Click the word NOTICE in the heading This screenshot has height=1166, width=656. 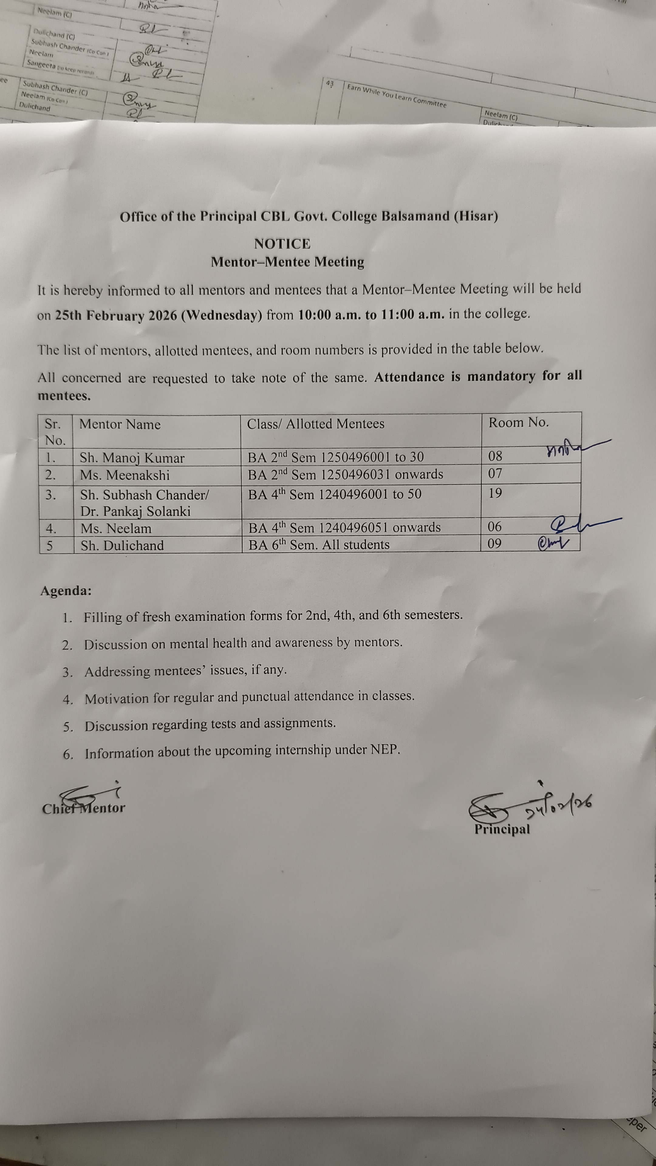tap(282, 244)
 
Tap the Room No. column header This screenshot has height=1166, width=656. tap(518, 423)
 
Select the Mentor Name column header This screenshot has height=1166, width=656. tap(120, 424)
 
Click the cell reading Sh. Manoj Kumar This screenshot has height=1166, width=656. tap(132, 458)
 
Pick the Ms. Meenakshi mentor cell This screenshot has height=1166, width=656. tap(125, 475)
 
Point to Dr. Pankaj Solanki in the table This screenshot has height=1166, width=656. tap(135, 511)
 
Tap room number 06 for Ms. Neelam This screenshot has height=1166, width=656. tap(495, 527)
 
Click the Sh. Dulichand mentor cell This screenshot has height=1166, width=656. tap(122, 546)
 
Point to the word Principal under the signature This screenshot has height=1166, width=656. tap(502, 829)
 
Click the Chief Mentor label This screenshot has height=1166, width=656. tap(84, 808)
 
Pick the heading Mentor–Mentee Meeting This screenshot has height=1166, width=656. tap(288, 262)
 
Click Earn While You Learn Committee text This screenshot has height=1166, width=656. tap(397, 96)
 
